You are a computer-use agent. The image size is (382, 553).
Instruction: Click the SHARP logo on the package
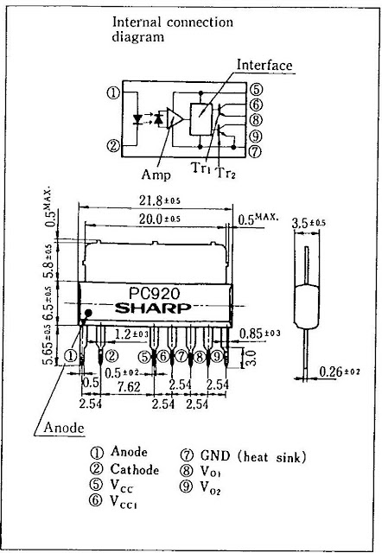153,308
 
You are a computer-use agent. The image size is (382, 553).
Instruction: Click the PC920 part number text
154,293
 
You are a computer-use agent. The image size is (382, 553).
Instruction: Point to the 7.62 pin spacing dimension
129,387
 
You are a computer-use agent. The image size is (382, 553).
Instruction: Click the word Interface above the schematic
264,66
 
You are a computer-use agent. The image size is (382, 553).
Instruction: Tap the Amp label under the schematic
156,175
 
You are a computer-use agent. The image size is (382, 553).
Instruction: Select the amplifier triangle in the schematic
175,118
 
